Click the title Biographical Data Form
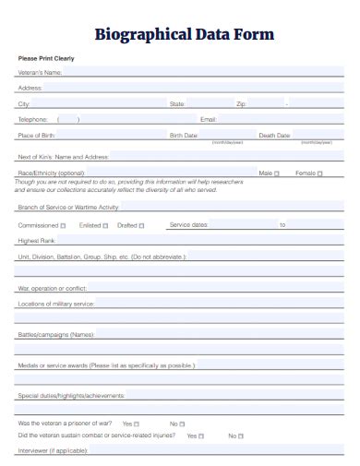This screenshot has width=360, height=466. pyautogui.click(x=185, y=35)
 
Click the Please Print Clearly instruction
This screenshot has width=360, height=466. pyautogui.click(x=46, y=58)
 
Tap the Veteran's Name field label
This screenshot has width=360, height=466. pyautogui.click(x=40, y=72)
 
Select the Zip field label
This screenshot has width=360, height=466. pyautogui.click(x=241, y=103)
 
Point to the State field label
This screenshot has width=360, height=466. pyautogui.click(x=177, y=103)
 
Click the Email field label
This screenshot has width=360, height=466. pyautogui.click(x=208, y=119)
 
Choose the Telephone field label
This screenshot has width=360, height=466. pyautogui.click(x=32, y=119)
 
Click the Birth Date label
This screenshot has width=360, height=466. pyautogui.click(x=184, y=135)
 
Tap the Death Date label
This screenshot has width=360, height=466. pyautogui.click(x=274, y=135)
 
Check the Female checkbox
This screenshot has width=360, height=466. pyautogui.click(x=319, y=173)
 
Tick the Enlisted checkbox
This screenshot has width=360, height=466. pyautogui.click(x=105, y=225)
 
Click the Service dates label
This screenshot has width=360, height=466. pyautogui.click(x=188, y=224)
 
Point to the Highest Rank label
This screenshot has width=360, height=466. pyautogui.click(x=36, y=241)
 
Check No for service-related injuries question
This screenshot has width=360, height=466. pyautogui.click(x=241, y=436)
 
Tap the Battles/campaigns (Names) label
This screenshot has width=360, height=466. pyautogui.click(x=55, y=334)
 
